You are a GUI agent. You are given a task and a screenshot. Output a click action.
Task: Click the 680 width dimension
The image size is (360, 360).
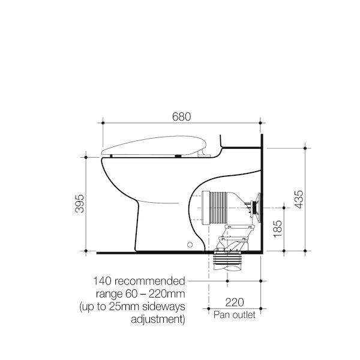tap(182, 117)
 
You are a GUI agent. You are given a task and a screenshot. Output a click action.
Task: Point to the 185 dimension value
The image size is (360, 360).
tap(277, 229)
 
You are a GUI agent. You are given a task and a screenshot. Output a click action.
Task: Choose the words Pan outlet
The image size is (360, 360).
tap(234, 314)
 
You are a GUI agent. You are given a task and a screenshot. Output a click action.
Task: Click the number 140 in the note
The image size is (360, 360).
tap(103, 281)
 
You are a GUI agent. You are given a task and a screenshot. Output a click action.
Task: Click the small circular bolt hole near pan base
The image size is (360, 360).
tap(191, 245)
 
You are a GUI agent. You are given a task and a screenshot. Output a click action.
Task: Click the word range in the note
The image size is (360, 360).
tap(107, 294)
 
